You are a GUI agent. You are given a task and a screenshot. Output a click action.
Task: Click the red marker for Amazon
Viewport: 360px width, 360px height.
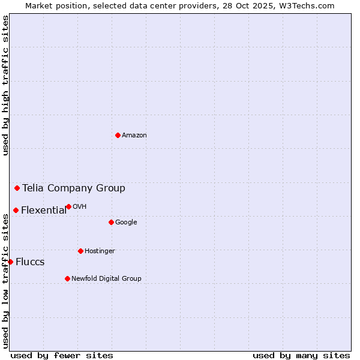click(118, 135)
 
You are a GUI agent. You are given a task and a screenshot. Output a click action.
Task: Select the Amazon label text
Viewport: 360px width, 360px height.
click(134, 135)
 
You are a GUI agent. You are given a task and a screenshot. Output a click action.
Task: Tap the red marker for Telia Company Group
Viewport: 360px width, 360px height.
click(17, 188)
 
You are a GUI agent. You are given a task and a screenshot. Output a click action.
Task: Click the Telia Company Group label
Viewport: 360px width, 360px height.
click(74, 188)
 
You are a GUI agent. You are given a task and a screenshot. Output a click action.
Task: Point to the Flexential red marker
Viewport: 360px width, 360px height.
click(16, 210)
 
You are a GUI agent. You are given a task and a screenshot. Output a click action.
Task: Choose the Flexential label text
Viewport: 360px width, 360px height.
click(44, 210)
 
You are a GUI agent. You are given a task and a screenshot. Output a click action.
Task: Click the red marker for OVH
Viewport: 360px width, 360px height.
click(68, 206)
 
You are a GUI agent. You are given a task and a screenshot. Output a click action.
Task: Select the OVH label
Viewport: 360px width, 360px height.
click(80, 206)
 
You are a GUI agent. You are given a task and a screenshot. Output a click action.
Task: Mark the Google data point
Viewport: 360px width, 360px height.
click(111, 222)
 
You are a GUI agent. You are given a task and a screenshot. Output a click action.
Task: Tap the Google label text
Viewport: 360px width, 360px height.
click(126, 222)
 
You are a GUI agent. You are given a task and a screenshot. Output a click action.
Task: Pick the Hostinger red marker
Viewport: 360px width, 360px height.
click(80, 251)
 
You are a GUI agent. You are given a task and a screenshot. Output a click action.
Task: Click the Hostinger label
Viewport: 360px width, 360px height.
click(100, 251)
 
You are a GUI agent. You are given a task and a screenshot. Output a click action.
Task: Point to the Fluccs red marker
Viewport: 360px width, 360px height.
click(10, 262)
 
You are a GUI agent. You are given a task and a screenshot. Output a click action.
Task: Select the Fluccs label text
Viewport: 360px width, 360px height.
click(30, 262)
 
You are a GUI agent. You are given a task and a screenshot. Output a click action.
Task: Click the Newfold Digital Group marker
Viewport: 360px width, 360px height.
click(67, 278)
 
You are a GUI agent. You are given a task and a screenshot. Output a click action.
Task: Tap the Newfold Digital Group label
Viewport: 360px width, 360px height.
click(106, 278)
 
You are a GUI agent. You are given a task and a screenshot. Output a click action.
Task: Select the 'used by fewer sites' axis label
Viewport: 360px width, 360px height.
click(62, 355)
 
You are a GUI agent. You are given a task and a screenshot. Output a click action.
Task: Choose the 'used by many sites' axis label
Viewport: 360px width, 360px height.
click(301, 355)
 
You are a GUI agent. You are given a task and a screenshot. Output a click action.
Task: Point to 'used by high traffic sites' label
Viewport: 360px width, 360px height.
click(5, 85)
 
